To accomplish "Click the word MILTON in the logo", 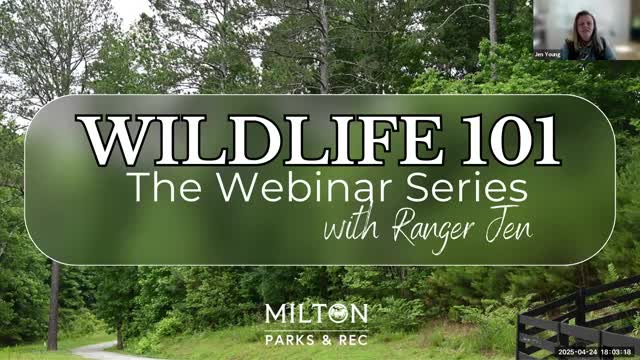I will point(316,314).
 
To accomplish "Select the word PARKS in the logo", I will point(291,339).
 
